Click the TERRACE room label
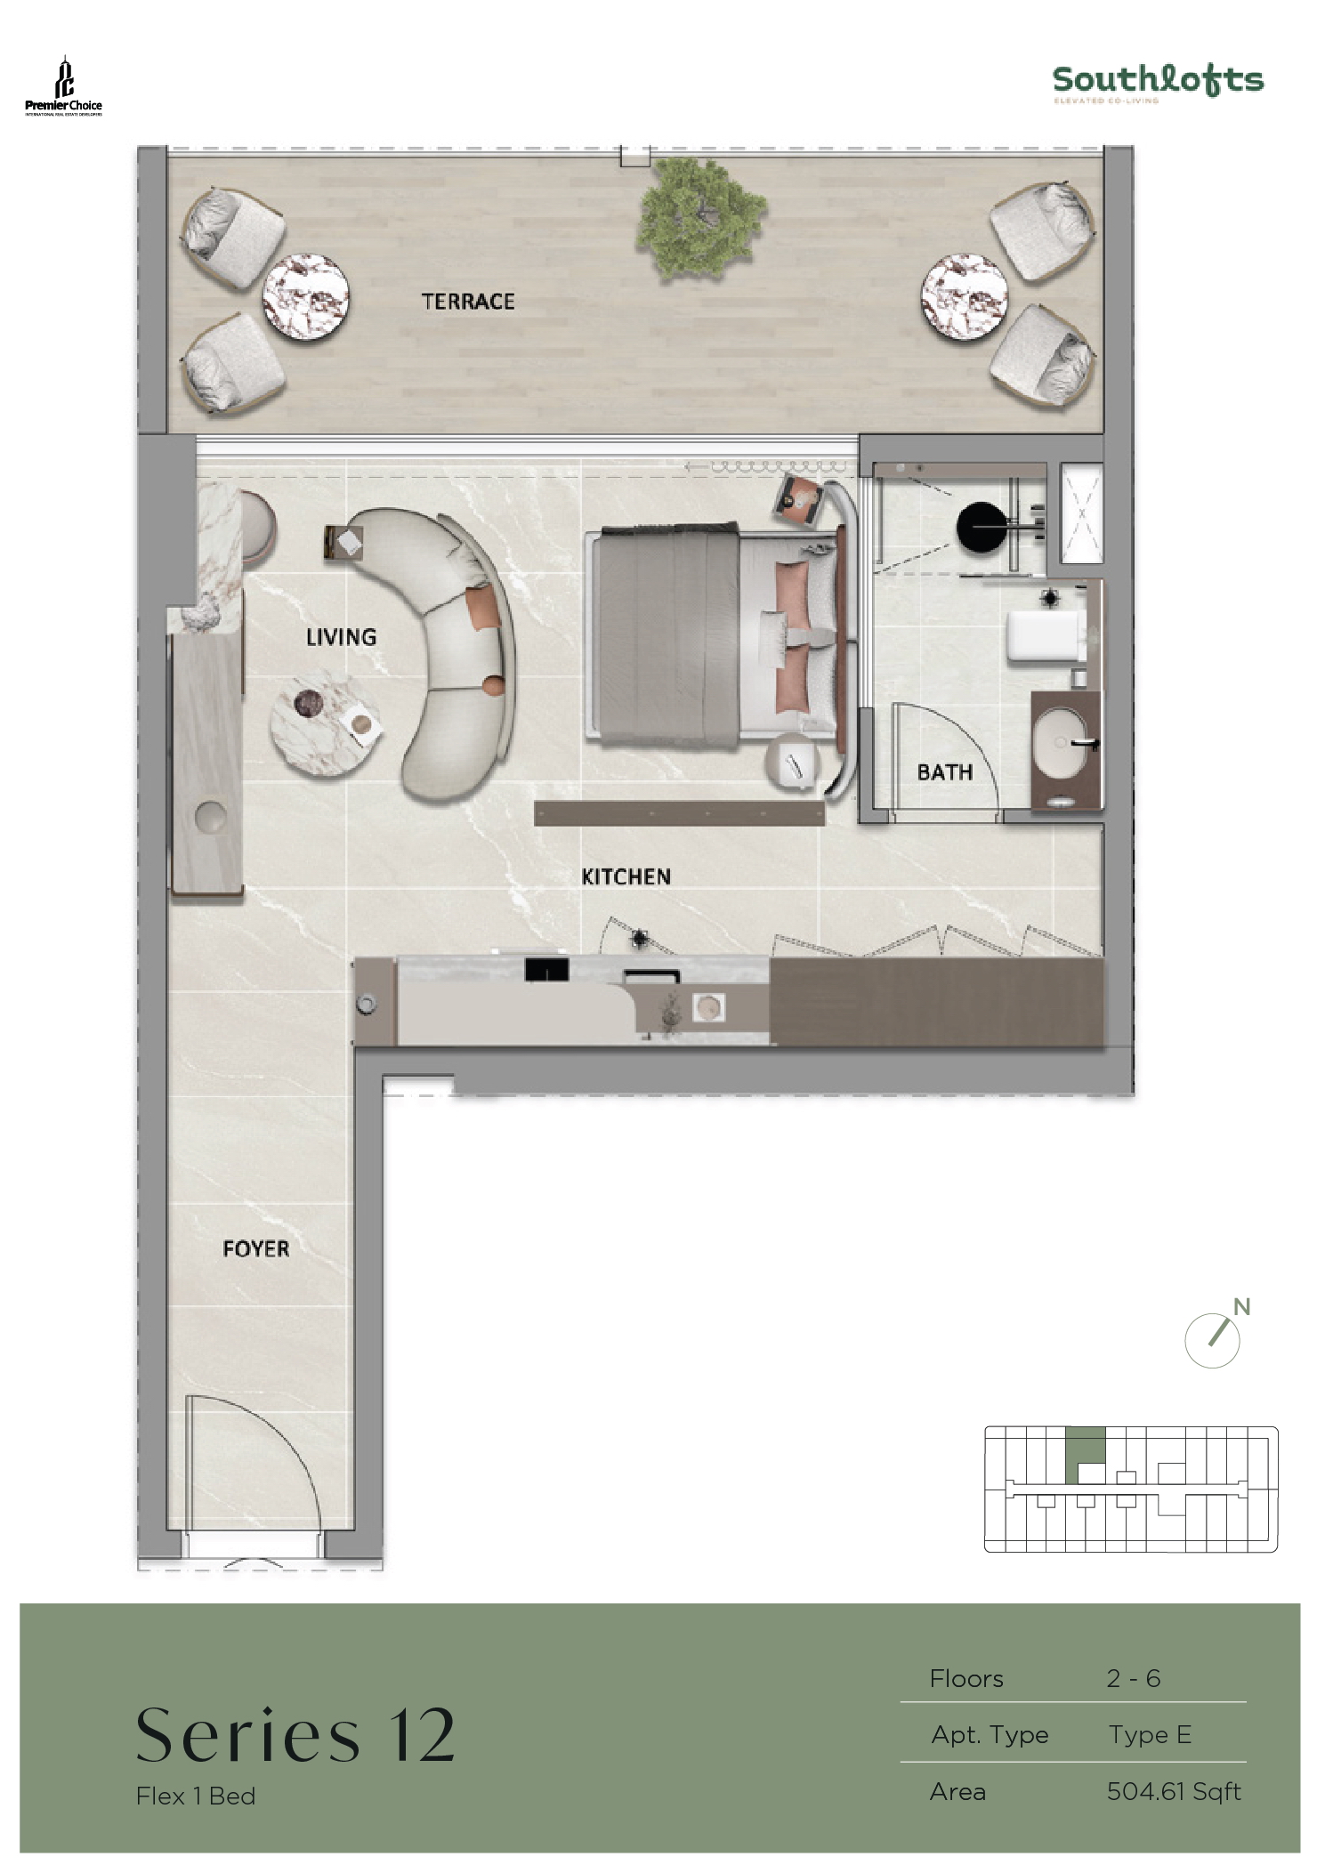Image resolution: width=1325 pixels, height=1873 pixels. pos(468,302)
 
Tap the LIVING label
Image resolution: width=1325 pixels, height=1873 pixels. pos(341,637)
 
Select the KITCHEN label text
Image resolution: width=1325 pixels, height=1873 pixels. pos(626,877)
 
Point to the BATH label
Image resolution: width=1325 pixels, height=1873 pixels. pos(944,772)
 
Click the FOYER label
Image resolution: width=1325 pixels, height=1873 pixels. pos(255,1249)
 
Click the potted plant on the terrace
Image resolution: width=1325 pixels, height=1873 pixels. pos(701,216)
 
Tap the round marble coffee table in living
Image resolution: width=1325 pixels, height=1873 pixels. pos(326,723)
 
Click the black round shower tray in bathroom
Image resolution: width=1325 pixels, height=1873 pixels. pos(983,529)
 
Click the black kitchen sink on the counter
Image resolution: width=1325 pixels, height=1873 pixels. pos(546,969)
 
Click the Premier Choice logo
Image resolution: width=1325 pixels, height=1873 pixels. pos(63,87)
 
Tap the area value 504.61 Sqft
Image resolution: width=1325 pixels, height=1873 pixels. pos(1173,1791)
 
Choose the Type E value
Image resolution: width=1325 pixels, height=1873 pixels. pos(1149,1734)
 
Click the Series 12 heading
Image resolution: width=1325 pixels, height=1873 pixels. pos(295,1736)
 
